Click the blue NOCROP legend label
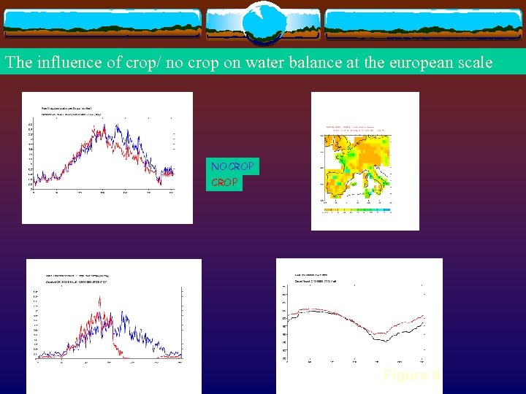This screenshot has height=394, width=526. click(232, 167)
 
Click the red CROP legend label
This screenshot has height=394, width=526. click(224, 182)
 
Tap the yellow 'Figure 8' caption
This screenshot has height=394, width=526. click(411, 375)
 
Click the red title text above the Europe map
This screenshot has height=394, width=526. click(357, 129)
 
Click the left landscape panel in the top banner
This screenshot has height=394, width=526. click(102, 23)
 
